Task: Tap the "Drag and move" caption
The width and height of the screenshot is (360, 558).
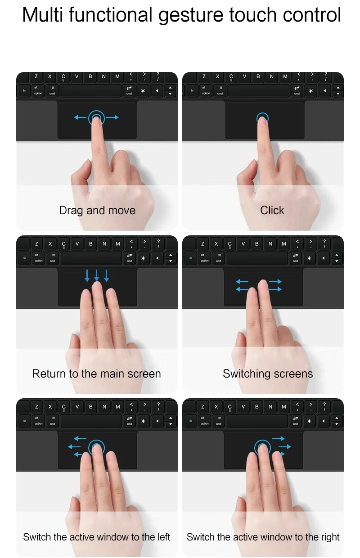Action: (97, 210)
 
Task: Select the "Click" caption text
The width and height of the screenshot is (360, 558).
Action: (272, 210)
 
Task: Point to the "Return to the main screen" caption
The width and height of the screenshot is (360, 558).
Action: (96, 373)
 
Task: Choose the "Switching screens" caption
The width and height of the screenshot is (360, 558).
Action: (268, 373)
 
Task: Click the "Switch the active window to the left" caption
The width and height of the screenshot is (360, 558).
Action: (97, 537)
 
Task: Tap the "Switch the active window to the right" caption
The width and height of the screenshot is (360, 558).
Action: (263, 537)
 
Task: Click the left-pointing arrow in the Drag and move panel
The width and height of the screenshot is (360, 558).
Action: (80, 117)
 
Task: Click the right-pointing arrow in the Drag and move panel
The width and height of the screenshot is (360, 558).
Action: (113, 117)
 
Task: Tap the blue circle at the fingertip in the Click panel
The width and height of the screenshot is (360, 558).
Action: (262, 118)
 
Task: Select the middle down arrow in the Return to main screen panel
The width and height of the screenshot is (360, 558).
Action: (97, 275)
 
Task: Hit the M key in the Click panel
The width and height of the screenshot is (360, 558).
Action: (285, 76)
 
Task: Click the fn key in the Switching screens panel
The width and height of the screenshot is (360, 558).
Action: (191, 258)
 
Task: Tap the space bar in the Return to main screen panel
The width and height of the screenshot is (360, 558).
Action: (91, 258)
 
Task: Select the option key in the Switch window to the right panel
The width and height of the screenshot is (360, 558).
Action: (205, 422)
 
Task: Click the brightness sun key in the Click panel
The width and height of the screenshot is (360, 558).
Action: (310, 91)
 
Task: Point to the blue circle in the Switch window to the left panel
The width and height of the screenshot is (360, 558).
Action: (96, 447)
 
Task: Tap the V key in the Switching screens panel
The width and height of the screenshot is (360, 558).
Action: (243, 243)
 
